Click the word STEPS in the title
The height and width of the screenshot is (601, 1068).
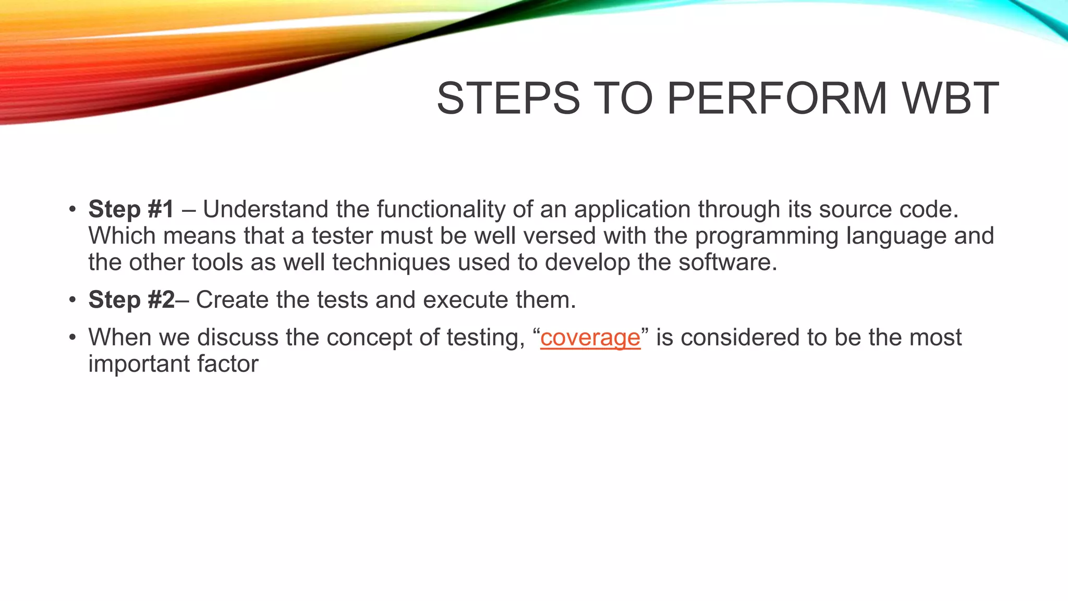click(x=508, y=99)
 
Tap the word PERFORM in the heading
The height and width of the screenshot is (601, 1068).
click(x=776, y=99)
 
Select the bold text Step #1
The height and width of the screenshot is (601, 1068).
click(x=131, y=209)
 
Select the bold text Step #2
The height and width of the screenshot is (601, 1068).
click(x=131, y=300)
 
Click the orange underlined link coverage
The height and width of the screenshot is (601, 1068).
click(x=590, y=338)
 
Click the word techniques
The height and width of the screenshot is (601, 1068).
click(x=391, y=262)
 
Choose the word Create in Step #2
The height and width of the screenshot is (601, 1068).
click(x=232, y=300)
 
